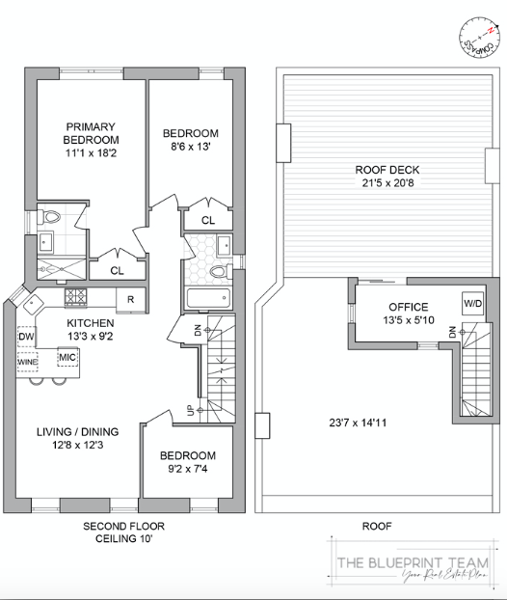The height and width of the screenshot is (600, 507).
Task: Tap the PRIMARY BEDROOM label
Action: (x=90, y=126)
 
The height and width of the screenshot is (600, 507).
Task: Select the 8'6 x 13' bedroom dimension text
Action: (x=190, y=148)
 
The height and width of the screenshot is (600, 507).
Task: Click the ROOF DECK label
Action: (x=386, y=170)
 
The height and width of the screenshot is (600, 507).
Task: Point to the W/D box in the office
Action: (x=473, y=303)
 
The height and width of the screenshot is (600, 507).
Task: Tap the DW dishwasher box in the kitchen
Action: (x=26, y=337)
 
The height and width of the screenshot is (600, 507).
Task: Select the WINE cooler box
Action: (x=27, y=362)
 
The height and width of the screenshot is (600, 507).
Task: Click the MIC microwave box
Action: (x=67, y=358)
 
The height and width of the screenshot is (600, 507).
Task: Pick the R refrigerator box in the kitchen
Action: (x=130, y=299)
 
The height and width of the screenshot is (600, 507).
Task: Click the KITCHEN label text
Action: (x=90, y=322)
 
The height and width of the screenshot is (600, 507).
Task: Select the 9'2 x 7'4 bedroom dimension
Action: (x=189, y=471)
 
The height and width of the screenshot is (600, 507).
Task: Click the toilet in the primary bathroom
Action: (x=52, y=215)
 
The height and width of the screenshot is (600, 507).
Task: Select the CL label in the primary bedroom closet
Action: (x=117, y=271)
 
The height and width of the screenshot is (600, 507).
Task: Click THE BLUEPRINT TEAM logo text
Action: (x=413, y=563)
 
